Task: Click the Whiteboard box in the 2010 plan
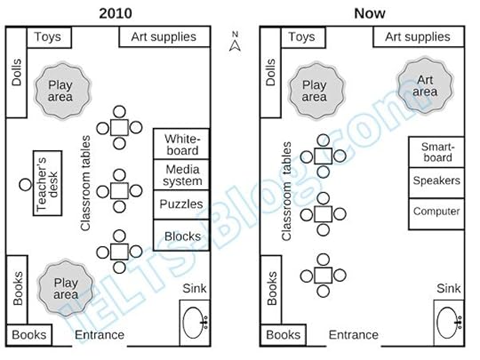tap(181, 145)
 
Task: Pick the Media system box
tap(181, 175)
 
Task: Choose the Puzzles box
tap(181, 204)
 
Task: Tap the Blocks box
tap(181, 236)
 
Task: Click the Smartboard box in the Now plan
tap(436, 151)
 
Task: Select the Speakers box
tap(436, 180)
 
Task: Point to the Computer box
tap(436, 212)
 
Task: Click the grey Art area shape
tap(426, 85)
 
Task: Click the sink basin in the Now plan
tap(450, 321)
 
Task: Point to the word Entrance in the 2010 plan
tap(99, 335)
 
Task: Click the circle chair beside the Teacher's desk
tap(24, 184)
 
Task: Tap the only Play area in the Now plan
tap(315, 90)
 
